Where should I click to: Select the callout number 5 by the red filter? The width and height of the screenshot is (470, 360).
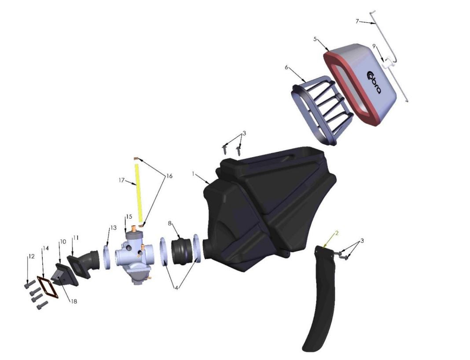pyautogui.click(x=315, y=39)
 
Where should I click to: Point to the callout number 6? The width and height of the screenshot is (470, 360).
pyautogui.click(x=286, y=67)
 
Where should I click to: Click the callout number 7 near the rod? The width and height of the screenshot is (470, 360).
pyautogui.click(x=357, y=21)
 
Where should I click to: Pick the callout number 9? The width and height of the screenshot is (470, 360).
pyautogui.click(x=374, y=46)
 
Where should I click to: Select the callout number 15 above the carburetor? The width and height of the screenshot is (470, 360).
pyautogui.click(x=129, y=217)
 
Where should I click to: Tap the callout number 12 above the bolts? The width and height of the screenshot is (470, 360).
pyautogui.click(x=30, y=256)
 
